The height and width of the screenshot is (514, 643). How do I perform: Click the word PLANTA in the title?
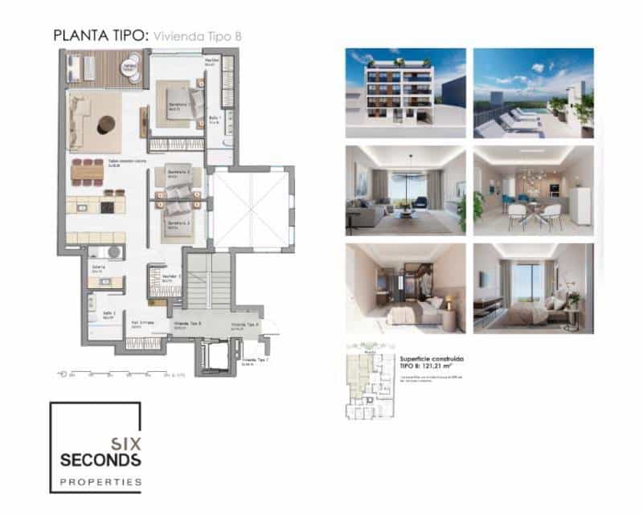[73, 35]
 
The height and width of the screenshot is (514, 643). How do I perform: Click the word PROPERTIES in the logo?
[101, 482]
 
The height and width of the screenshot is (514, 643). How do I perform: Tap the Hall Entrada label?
[141, 326]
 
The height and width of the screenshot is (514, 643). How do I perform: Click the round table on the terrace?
[130, 67]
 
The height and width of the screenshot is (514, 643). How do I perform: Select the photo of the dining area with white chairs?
[533, 190]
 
